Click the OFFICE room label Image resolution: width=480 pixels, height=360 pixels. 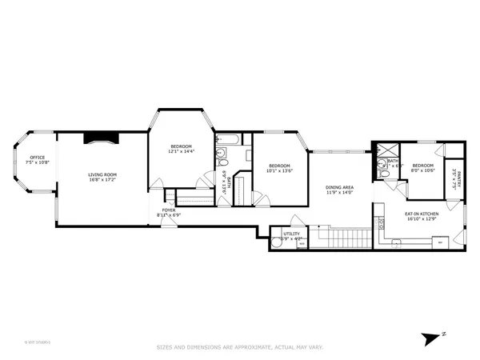click(38, 157)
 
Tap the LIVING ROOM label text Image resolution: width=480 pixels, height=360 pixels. click(102, 174)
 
